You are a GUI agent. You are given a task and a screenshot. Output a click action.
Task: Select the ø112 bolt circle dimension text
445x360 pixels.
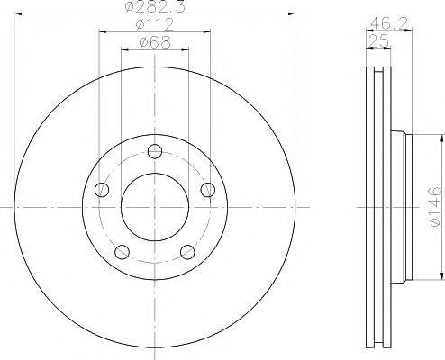coord(156,26)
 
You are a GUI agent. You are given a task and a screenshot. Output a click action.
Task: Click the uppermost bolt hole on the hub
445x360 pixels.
coord(155,151)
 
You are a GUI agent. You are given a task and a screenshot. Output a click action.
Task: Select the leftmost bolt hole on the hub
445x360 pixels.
coord(102,190)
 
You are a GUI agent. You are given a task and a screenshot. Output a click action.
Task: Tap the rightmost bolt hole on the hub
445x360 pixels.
coord(208,190)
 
